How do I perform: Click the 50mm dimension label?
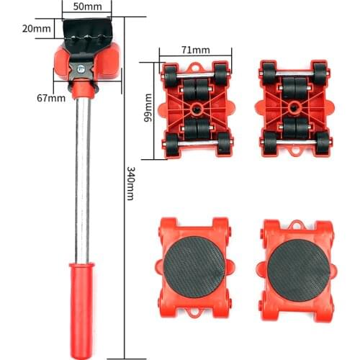pyautogui.click(x=96, y=6)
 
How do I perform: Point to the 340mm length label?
pyautogui.click(x=130, y=183)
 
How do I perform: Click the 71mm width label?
pyautogui.click(x=195, y=50)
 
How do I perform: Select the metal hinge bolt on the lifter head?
pyautogui.click(x=81, y=70)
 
